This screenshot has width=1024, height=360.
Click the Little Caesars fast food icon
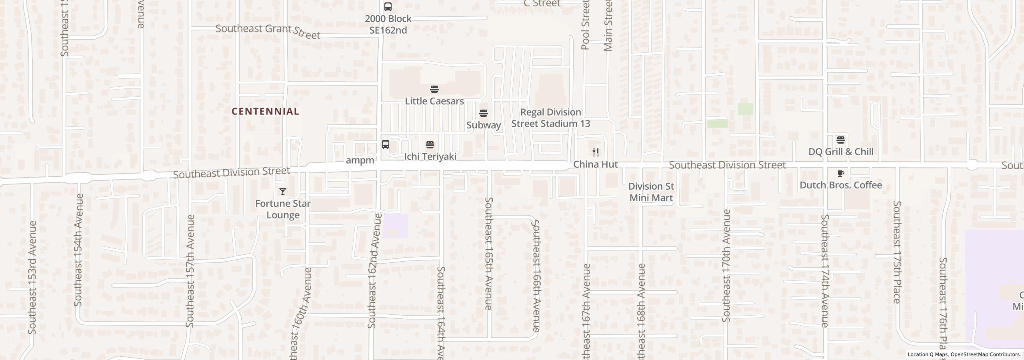click(x=434, y=89)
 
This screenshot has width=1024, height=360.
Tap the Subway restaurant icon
click(x=484, y=113)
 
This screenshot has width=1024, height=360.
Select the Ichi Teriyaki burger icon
click(x=430, y=144)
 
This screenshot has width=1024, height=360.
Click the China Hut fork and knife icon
click(x=596, y=152)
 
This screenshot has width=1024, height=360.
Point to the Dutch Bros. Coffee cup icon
click(x=840, y=173)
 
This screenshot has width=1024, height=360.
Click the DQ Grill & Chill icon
click(x=841, y=140)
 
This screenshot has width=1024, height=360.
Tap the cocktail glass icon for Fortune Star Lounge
click(x=283, y=192)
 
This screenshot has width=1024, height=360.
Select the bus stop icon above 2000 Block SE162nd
click(x=388, y=7)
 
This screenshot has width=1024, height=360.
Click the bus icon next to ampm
click(x=386, y=144)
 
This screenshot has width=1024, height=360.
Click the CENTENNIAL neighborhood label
click(x=265, y=112)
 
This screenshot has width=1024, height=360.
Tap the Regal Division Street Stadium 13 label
click(x=551, y=118)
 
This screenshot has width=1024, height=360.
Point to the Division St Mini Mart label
click(x=651, y=192)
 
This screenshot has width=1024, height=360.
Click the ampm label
click(x=360, y=160)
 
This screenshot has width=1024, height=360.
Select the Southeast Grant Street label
click(x=268, y=31)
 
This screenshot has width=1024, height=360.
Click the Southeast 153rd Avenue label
click(x=32, y=278)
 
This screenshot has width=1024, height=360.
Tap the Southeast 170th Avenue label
click(x=726, y=266)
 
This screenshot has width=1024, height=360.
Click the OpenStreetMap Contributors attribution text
click(x=985, y=354)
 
